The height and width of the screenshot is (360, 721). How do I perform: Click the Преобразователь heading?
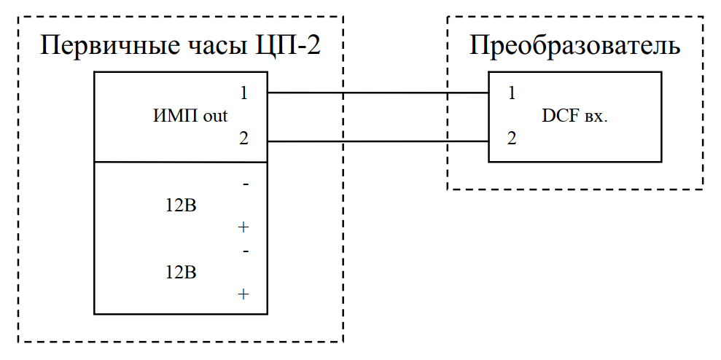coord(574,46)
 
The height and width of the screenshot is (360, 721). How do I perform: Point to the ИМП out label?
coord(190,115)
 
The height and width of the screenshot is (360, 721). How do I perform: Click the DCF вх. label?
coord(575,116)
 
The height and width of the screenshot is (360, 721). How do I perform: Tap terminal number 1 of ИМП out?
coord(243,93)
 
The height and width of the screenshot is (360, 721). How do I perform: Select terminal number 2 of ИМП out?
coord(243,138)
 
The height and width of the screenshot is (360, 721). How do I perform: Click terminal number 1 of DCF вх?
coord(512,93)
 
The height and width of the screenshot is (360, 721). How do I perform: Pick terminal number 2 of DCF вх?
coord(512,138)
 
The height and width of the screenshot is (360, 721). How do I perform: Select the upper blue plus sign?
coord(243,227)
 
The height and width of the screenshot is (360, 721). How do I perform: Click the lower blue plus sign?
coord(243,294)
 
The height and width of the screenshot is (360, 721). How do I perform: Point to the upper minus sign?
coord(245,185)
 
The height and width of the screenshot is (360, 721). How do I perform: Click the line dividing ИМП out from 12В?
coord(181,162)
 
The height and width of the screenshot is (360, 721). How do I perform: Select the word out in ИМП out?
coord(215,115)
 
